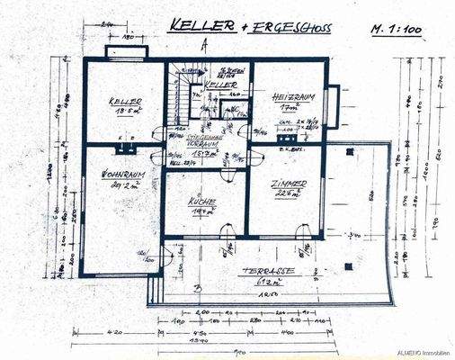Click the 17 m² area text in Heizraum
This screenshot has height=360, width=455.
[287, 106]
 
